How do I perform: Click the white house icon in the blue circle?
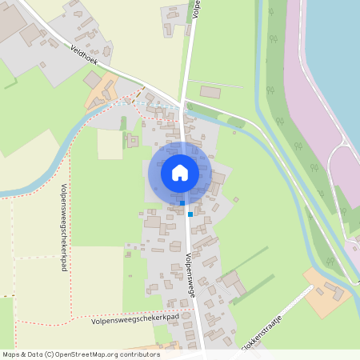coord(179,172)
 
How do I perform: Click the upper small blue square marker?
coord(182,202)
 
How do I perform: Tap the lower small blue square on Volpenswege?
coord(190,214)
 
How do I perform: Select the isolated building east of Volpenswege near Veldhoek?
coord(210,92)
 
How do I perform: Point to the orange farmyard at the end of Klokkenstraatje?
coord(328,292)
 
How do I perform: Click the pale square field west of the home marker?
coord(110,144)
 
